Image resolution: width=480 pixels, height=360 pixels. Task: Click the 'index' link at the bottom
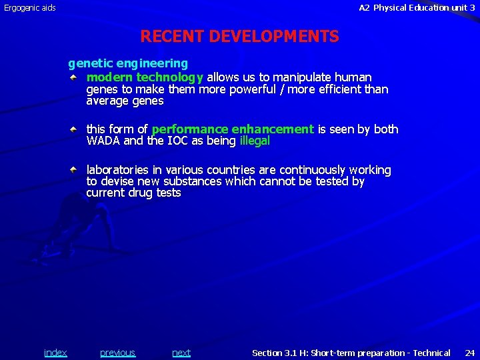[55, 353]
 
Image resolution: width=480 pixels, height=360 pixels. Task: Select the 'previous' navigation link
[117, 353]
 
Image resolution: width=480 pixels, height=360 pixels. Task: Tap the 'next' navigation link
[181, 353]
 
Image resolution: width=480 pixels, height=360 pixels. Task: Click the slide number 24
[469, 353]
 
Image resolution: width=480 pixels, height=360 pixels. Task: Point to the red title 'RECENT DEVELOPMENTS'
[239, 37]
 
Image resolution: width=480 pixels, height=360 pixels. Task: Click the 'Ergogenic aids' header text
[30, 8]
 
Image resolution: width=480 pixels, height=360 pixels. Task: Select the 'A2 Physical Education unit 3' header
[417, 8]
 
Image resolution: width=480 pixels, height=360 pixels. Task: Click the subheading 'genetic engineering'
[128, 63]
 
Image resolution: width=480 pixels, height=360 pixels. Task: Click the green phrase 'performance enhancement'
[233, 129]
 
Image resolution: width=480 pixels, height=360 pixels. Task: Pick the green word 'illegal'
[254, 141]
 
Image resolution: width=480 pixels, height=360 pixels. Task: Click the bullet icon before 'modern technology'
[78, 77]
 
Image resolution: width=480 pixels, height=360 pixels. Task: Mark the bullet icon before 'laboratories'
[78, 169]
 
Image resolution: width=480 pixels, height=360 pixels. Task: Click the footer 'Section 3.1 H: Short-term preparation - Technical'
[351, 353]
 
